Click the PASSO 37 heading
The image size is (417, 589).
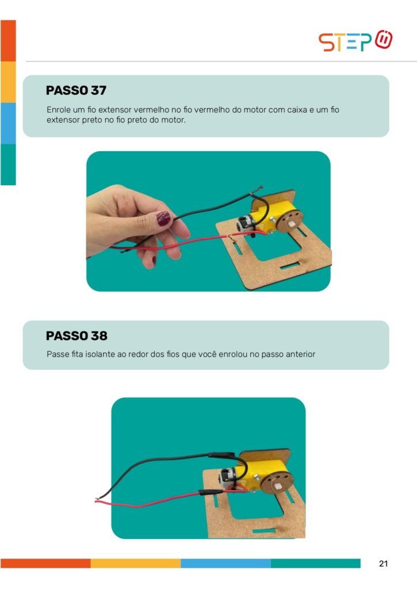[x=76, y=90]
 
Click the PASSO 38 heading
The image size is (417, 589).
[x=76, y=336]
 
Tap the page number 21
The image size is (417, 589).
[x=383, y=564]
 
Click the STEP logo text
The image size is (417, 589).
[x=345, y=42]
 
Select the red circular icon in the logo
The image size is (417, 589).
[x=384, y=40]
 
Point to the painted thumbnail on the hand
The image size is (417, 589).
[x=163, y=218]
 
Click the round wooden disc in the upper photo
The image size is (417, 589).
[x=292, y=223]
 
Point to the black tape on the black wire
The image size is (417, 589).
[x=221, y=455]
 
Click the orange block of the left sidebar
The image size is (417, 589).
[x=8, y=41]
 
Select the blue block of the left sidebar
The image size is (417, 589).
[x=8, y=123]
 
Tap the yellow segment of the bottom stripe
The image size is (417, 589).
[x=136, y=563]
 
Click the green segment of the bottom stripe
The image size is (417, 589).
[x=316, y=563]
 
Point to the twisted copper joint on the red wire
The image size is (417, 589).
[x=229, y=236]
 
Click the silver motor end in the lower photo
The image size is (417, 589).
[x=227, y=478]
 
